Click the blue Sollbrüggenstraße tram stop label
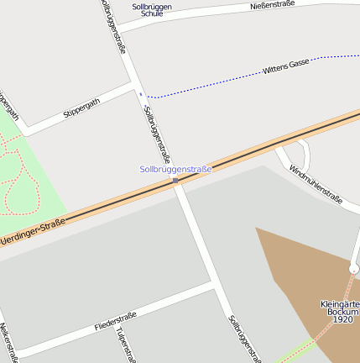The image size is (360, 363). point(175,169)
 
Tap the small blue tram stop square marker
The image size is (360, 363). point(175,181)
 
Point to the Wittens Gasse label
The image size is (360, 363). point(286,66)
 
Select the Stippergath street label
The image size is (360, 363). point(81,108)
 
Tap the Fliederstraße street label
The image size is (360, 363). point(115,320)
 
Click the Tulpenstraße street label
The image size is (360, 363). point(126,345)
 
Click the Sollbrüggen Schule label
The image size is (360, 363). point(152,10)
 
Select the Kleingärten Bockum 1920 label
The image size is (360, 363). point(341,312)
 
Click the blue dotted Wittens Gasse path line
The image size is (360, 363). point(218,83)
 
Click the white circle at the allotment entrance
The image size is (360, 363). point(354,269)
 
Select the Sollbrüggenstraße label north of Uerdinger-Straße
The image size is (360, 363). point(157,134)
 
